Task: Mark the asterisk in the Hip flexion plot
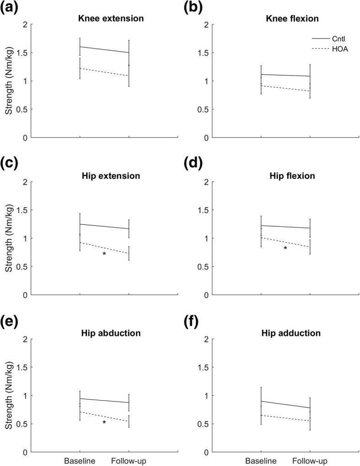point(285,249)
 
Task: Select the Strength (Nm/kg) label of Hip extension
point(8,238)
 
